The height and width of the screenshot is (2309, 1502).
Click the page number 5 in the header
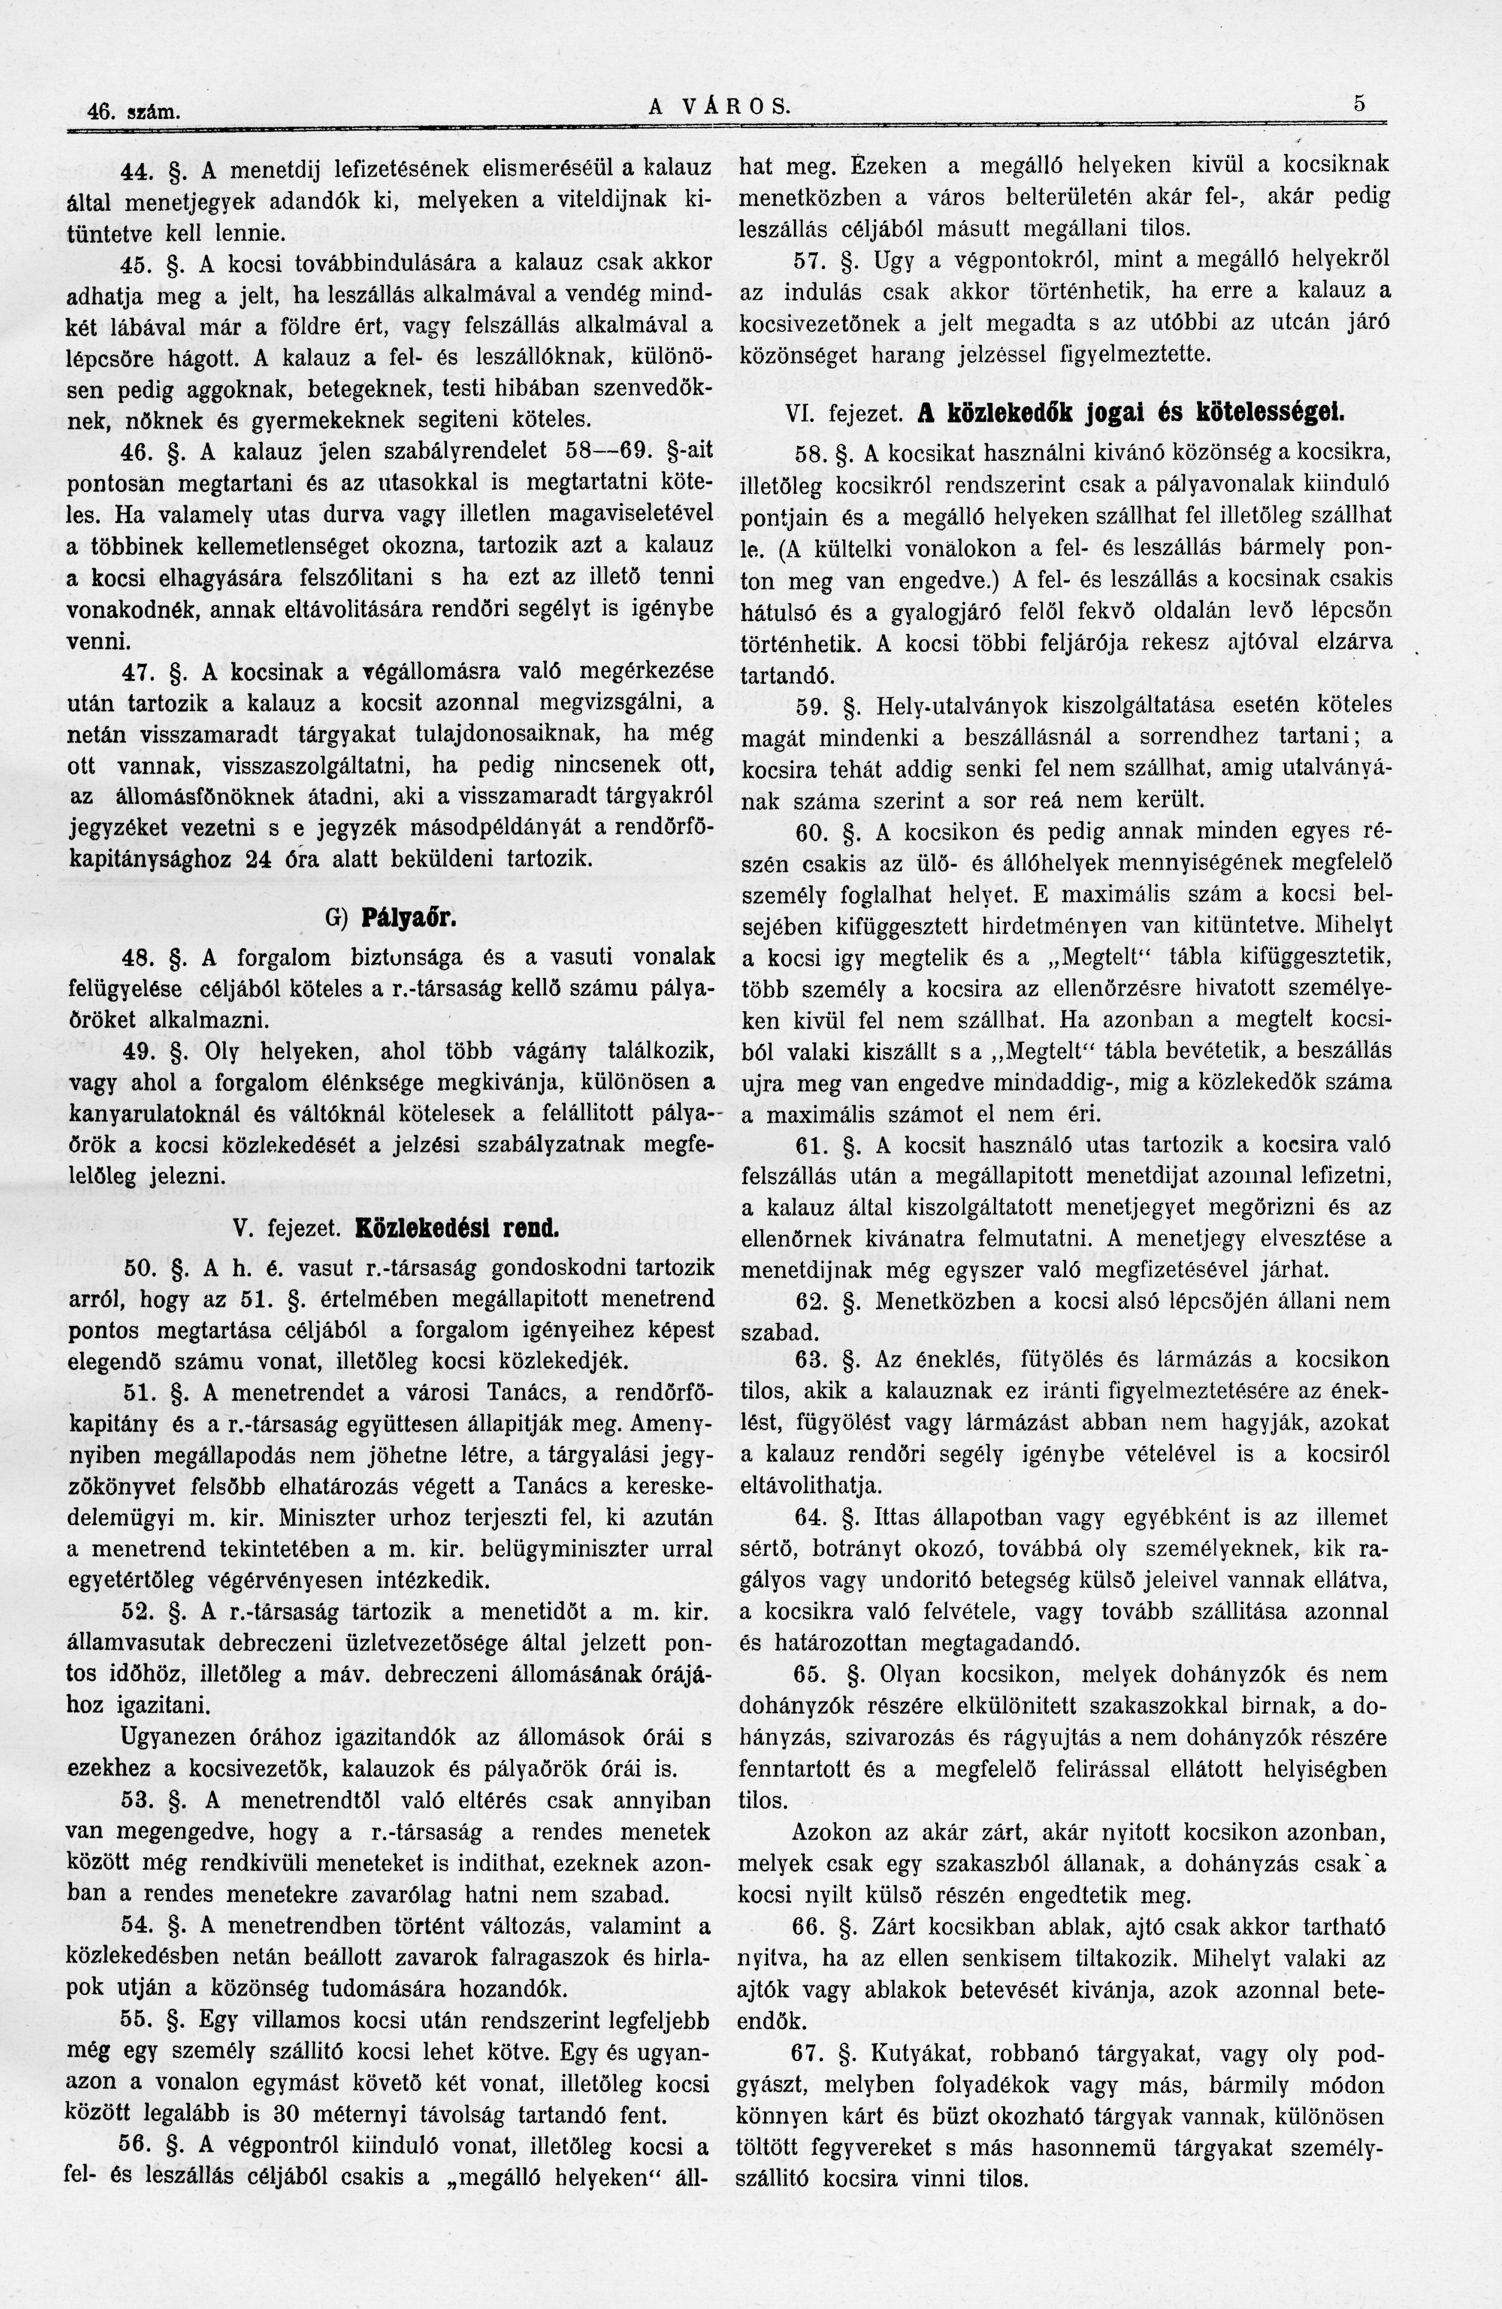tap(1360, 103)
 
